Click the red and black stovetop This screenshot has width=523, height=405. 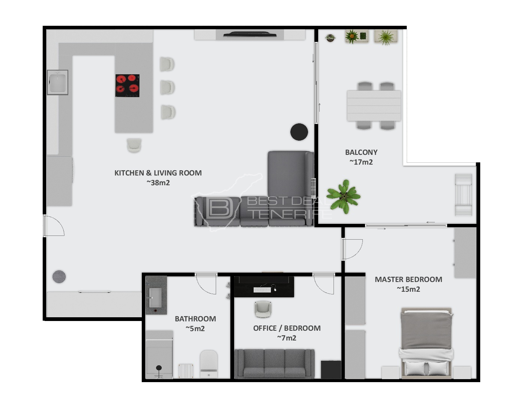(127, 85)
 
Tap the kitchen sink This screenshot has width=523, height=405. (57, 82)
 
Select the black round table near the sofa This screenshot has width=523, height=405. (299, 132)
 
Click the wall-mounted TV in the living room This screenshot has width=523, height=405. (250, 34)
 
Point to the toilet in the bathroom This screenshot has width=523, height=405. (209, 364)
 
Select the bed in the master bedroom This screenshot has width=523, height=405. (426, 342)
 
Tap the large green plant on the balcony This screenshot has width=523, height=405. (344, 196)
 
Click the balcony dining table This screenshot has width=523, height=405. (374, 106)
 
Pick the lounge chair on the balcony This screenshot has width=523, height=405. (463, 195)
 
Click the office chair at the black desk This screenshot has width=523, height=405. (263, 309)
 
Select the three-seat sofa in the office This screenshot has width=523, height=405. (274, 364)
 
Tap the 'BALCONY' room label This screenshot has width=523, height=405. (361, 152)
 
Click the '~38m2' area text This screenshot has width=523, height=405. (158, 183)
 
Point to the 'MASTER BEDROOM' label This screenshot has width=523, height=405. (409, 279)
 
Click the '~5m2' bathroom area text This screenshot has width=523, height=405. (195, 328)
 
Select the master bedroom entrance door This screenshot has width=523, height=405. (352, 249)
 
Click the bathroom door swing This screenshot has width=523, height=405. (206, 284)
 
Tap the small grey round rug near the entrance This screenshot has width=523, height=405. (59, 277)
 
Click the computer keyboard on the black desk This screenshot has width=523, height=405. (262, 290)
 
